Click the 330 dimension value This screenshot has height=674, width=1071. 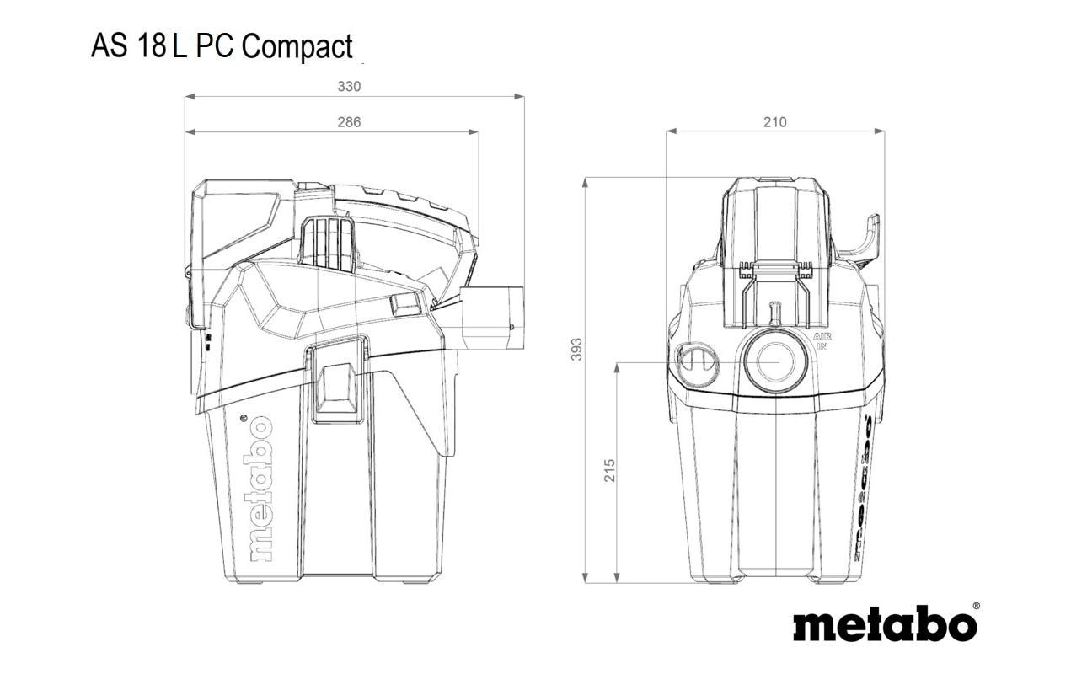pyautogui.click(x=349, y=87)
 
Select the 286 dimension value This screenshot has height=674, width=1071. pyautogui.click(x=349, y=122)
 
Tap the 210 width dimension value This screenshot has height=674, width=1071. pyautogui.click(x=774, y=122)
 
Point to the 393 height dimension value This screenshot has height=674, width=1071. pyautogui.click(x=577, y=350)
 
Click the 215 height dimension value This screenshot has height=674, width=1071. pyautogui.click(x=609, y=470)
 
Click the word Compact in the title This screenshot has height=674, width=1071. pyautogui.click(x=297, y=47)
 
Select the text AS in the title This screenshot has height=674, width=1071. pyautogui.click(x=110, y=45)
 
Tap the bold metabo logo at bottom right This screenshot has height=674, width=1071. pyautogui.click(x=885, y=623)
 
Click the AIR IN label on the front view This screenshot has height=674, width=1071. pyautogui.click(x=822, y=342)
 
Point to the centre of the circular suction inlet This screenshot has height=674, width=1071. pyautogui.click(x=775, y=362)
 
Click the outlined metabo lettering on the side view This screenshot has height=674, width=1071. pyautogui.click(x=260, y=489)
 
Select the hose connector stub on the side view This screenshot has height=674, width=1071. pyautogui.click(x=491, y=318)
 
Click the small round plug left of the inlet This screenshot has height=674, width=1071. pyautogui.click(x=699, y=364)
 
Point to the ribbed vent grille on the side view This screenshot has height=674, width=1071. pyautogui.click(x=328, y=243)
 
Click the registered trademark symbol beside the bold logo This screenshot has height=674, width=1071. pyautogui.click(x=976, y=606)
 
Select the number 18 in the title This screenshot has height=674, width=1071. pyautogui.click(x=151, y=45)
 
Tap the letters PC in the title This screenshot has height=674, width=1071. pyautogui.click(x=215, y=45)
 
